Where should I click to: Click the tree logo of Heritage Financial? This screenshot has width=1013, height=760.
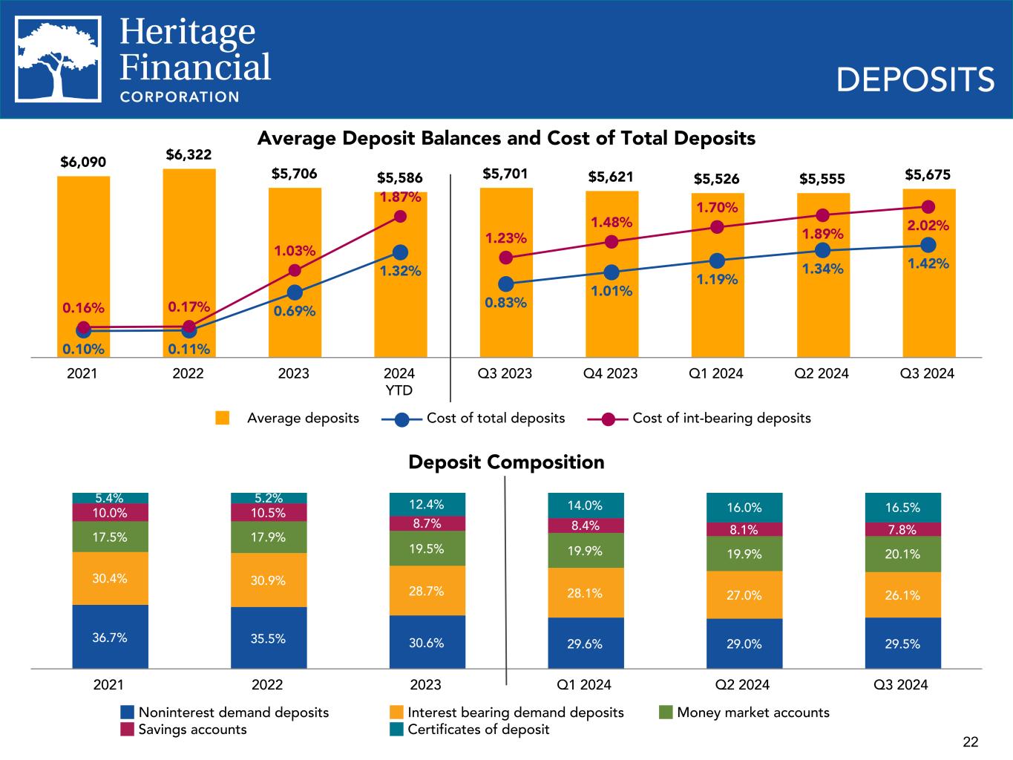pos(59,59)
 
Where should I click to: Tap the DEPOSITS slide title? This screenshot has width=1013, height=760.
pos(915,79)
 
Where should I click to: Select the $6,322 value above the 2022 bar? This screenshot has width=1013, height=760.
pos(188,154)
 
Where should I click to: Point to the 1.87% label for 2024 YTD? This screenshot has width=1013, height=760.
pos(401,197)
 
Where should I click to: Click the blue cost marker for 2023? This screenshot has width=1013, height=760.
pos(295,292)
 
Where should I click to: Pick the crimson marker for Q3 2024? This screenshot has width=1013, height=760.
pos(928,207)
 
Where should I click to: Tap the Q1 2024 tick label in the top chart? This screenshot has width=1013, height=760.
pos(717,373)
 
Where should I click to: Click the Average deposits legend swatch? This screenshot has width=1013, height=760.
pos(222,418)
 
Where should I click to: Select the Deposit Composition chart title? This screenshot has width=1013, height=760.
pos(506,462)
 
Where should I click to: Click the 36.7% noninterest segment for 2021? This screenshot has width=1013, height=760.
pos(110,637)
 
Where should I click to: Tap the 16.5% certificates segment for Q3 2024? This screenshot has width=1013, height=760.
pos(902,508)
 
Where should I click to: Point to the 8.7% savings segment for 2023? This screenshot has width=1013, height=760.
pos(427,523)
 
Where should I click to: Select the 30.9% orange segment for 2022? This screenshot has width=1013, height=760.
pos(268,580)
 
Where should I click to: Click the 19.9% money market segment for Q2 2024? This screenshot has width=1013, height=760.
pos(744,554)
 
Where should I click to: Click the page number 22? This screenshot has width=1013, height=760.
pos(970,741)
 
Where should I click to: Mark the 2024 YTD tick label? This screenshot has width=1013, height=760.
pos(399,381)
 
